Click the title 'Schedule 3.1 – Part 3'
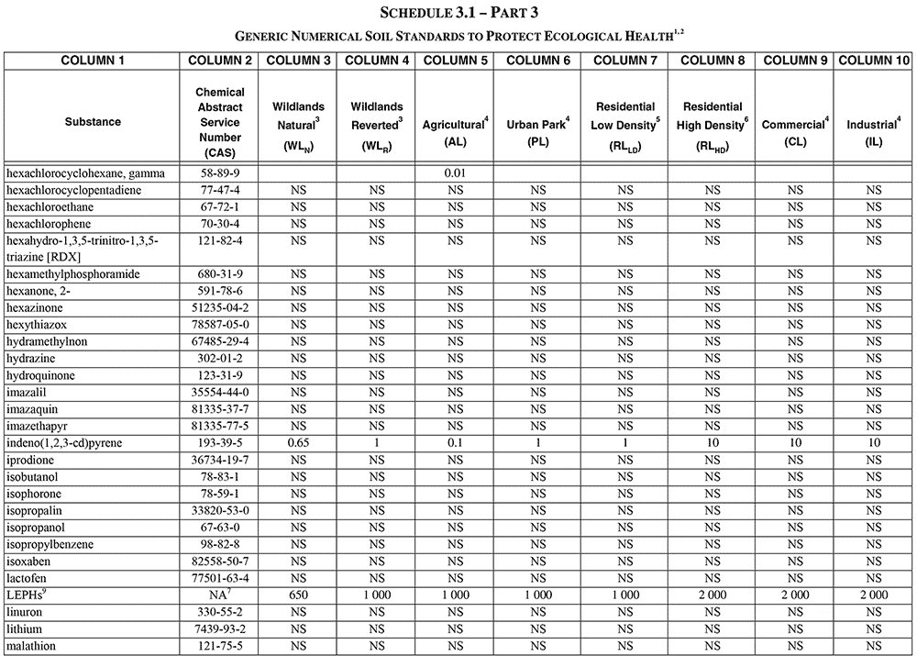(458, 13)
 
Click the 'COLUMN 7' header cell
(625, 61)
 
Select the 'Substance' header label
(92, 122)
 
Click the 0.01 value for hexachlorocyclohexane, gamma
(455, 172)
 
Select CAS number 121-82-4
(220, 240)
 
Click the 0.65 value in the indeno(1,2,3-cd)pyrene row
(299, 443)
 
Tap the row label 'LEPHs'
(27, 595)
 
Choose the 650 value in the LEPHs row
(299, 595)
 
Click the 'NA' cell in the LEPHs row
(220, 595)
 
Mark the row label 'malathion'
(31, 646)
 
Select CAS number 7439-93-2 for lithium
(220, 629)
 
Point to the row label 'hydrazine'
(31, 359)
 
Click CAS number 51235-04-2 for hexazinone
(220, 307)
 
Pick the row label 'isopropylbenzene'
(50, 544)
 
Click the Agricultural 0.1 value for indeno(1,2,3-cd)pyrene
(455, 443)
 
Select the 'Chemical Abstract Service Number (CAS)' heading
(220, 122)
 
